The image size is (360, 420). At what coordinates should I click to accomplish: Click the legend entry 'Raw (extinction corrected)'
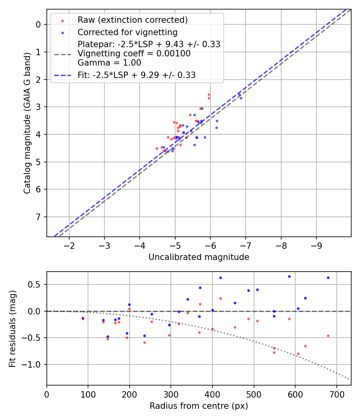click(132, 20)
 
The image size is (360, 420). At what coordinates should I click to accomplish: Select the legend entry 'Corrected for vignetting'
click(127, 32)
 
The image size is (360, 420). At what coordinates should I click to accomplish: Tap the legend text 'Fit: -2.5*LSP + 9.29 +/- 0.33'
click(136, 75)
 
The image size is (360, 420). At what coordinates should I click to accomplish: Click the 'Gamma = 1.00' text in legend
click(109, 62)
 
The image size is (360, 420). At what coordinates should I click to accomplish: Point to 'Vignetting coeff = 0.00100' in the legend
click(134, 54)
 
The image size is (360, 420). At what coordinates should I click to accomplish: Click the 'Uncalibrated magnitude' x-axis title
click(199, 257)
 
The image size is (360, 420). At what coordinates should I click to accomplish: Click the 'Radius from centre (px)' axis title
click(199, 406)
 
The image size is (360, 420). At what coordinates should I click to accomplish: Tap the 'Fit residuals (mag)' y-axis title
click(13, 328)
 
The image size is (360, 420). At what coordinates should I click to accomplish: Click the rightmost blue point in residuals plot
click(328, 278)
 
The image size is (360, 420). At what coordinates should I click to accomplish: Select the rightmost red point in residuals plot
click(328, 336)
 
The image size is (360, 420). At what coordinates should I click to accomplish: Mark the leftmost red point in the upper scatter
click(157, 148)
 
